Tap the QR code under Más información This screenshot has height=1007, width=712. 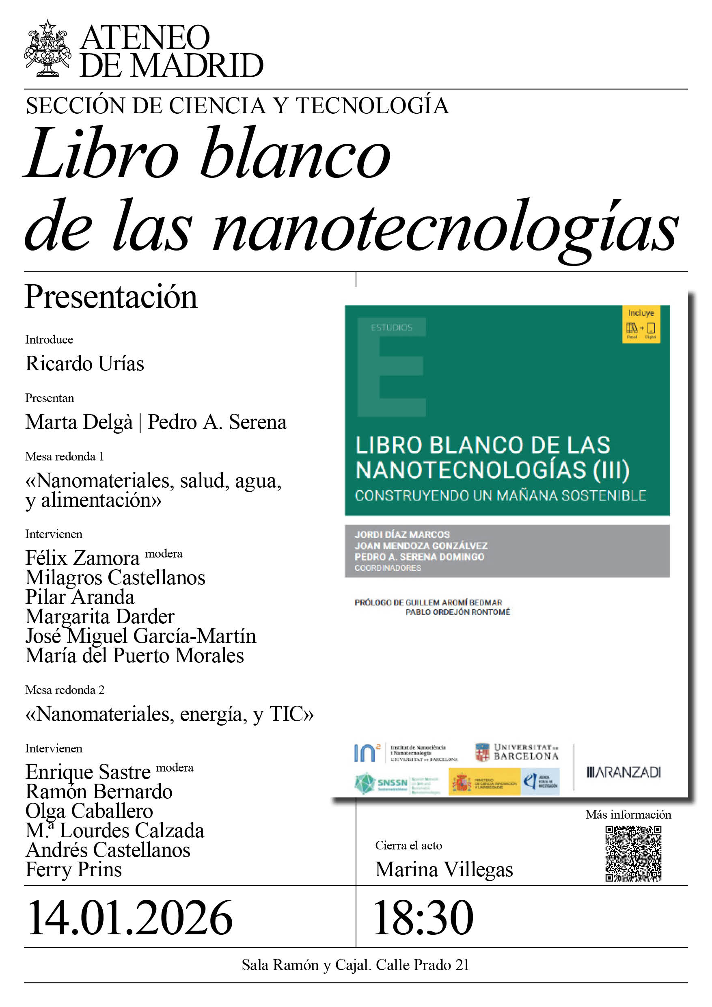[633, 853]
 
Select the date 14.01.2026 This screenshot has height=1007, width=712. [130, 918]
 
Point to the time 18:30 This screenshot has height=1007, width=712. [423, 918]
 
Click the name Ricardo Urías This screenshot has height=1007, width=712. [84, 363]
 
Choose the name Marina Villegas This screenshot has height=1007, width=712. [444, 869]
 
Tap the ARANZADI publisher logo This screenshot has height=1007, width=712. [624, 772]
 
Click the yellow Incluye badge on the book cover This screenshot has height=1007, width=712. [641, 324]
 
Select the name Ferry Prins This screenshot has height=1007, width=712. [73, 869]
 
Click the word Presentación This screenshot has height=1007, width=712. [111, 297]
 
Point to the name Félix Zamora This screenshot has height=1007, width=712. [82, 558]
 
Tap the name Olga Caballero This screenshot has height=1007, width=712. [89, 811]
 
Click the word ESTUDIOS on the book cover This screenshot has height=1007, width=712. [391, 328]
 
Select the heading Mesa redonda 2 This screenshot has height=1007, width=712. [65, 690]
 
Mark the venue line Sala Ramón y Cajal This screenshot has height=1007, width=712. [355, 965]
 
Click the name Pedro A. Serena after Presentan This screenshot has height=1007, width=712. [217, 422]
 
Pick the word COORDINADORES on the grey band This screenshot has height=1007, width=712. [388, 568]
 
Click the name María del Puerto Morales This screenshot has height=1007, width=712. [135, 656]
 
